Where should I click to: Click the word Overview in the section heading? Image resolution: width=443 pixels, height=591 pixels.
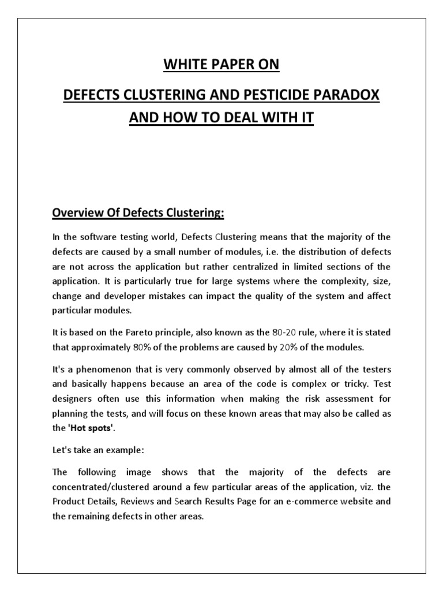click(x=78, y=214)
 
